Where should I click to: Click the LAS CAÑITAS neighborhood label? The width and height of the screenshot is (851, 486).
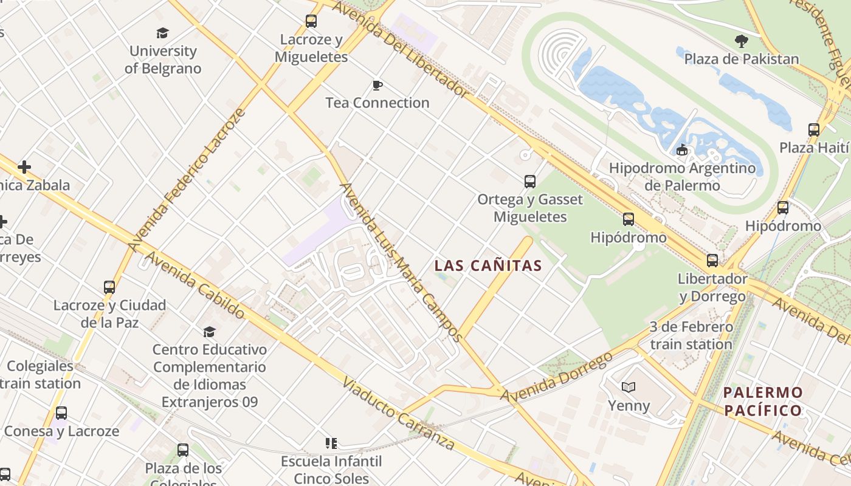point(488,265)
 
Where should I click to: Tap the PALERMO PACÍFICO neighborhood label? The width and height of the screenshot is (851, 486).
point(763,402)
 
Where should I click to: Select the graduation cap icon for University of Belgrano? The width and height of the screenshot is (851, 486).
point(162,33)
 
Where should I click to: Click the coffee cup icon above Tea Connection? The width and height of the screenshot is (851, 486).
point(377,85)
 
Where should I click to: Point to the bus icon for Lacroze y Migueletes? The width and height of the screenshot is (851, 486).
point(311,21)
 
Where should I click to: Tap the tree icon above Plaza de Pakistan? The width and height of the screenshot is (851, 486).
point(741,41)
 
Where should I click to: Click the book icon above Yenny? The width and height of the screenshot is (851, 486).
point(629,387)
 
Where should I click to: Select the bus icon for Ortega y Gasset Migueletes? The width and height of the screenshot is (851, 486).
point(530,181)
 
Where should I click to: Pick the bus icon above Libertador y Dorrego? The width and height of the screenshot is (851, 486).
point(712,261)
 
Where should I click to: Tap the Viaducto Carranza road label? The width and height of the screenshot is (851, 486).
point(398,414)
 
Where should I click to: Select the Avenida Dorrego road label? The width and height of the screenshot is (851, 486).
point(556,376)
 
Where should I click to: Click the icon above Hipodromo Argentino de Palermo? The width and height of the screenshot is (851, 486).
point(682,149)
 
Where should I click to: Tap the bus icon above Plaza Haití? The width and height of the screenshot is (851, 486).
point(813,129)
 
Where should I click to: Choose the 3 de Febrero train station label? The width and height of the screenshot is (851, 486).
point(691,335)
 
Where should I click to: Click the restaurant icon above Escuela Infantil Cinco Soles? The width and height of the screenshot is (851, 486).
point(331,443)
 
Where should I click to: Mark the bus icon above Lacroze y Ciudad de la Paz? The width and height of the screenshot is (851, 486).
point(109,287)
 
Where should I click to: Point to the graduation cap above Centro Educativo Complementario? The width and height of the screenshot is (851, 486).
point(209,331)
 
